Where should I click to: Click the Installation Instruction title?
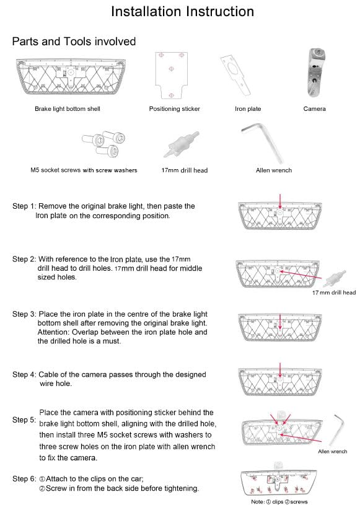182,11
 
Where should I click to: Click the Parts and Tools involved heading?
74,42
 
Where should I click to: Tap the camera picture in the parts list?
315,72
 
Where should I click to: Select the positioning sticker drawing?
171,76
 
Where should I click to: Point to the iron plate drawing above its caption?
235,76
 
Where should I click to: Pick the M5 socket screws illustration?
103,144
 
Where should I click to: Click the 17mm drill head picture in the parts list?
182,144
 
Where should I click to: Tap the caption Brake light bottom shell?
68,109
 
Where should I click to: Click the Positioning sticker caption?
174,109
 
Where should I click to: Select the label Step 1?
24,206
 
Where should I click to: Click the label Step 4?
24,374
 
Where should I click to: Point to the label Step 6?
24,479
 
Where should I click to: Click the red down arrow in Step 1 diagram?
280,201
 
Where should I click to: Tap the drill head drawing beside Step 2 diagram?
336,279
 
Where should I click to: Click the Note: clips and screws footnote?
279,501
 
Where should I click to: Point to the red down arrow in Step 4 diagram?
280,371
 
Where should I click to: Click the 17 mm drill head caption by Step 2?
334,292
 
